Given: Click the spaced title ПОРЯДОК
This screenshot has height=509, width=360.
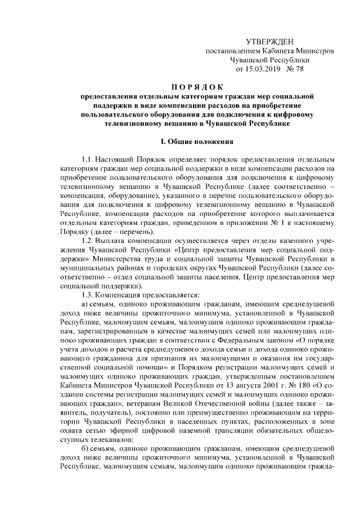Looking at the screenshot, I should click(197, 87).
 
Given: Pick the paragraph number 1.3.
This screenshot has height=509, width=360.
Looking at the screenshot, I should click(88, 295).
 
